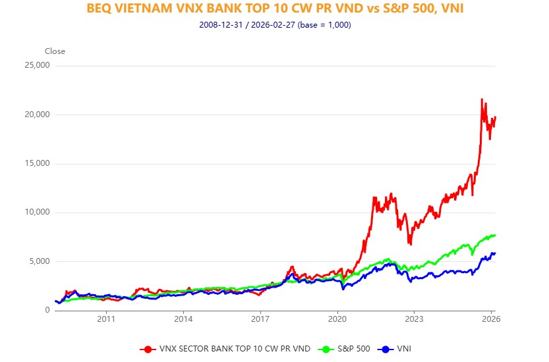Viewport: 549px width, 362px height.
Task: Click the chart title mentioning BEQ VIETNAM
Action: (274, 9)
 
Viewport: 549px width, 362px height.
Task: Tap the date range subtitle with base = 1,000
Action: (274, 25)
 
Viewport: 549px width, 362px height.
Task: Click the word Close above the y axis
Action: (55, 51)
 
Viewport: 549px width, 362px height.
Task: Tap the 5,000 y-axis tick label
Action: (39, 261)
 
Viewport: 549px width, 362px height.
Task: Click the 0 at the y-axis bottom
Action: (47, 310)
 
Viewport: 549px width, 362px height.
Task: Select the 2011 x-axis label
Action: (106, 319)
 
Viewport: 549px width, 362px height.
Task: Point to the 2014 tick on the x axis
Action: (183, 319)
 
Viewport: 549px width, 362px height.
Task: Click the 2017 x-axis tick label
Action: (260, 319)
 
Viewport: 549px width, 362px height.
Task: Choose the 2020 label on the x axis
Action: (337, 319)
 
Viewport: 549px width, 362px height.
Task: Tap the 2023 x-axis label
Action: (414, 319)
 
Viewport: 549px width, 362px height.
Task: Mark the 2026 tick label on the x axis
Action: (491, 319)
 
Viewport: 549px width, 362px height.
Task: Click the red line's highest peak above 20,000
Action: (482, 99)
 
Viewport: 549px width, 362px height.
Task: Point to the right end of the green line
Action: (495, 236)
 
